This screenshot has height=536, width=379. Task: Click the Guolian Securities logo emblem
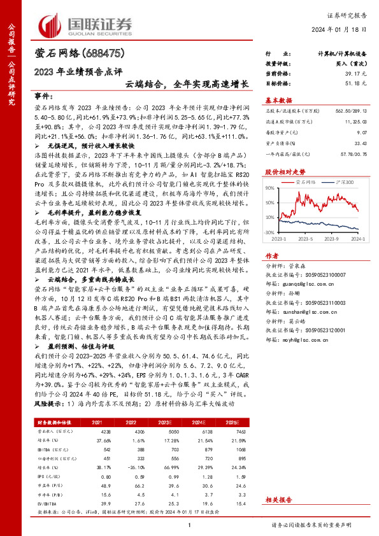pyautogui.click(x=50, y=26)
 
